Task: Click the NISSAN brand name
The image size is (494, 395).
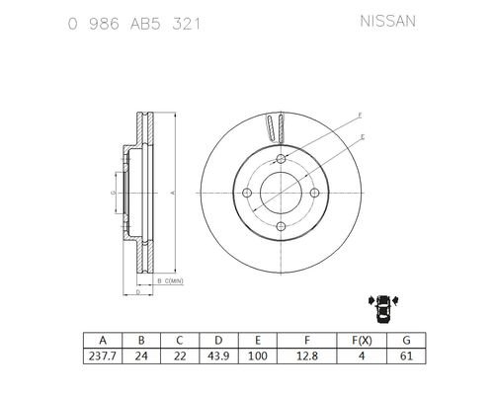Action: pos(387,22)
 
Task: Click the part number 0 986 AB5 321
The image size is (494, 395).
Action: pos(134,24)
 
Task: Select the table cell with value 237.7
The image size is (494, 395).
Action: pos(103,355)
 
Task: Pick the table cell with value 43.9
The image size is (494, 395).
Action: pos(218,355)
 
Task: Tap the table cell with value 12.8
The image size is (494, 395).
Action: pos(307,355)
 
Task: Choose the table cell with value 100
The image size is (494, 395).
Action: pos(258,355)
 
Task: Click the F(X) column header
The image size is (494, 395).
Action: pos(362,340)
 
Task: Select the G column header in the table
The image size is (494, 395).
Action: pos(406,340)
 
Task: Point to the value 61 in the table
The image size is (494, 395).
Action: pos(406,355)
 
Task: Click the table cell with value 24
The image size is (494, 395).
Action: pos(141,355)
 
